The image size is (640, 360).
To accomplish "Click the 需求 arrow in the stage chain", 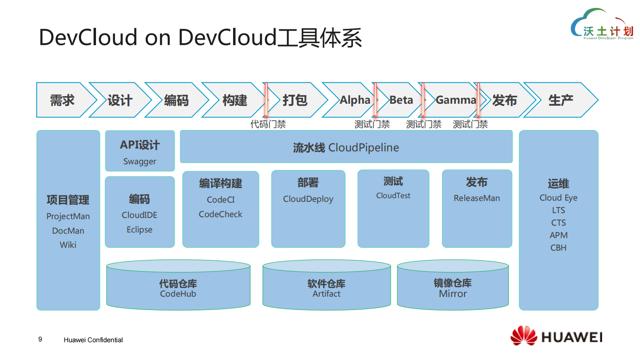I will coord(63,100).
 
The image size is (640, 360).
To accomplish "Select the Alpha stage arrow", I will coord(354,100).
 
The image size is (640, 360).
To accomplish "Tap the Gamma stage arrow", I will coord(456,100).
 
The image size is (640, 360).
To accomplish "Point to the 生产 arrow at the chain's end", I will coord(560,100).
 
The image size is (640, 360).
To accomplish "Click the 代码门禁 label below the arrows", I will coord(268,124).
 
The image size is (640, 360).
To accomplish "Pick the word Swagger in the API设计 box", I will coord(140,161).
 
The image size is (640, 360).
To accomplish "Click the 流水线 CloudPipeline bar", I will coord(346,147).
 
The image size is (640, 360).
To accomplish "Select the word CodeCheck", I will coord(221,214).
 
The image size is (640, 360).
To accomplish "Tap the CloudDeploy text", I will coord(308,199).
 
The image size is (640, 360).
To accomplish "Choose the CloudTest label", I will coord(393,196).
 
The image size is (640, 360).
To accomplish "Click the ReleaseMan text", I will coord(477,198).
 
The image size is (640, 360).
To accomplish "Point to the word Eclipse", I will coord(140,230).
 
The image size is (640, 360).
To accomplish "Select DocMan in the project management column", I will coord(68,231).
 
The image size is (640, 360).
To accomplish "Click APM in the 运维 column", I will coord(559,235).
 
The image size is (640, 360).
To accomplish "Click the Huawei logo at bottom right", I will coord(556,336).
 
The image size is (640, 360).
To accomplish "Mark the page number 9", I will coord(40,339).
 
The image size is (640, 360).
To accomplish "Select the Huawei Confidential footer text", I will coord(93,340).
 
